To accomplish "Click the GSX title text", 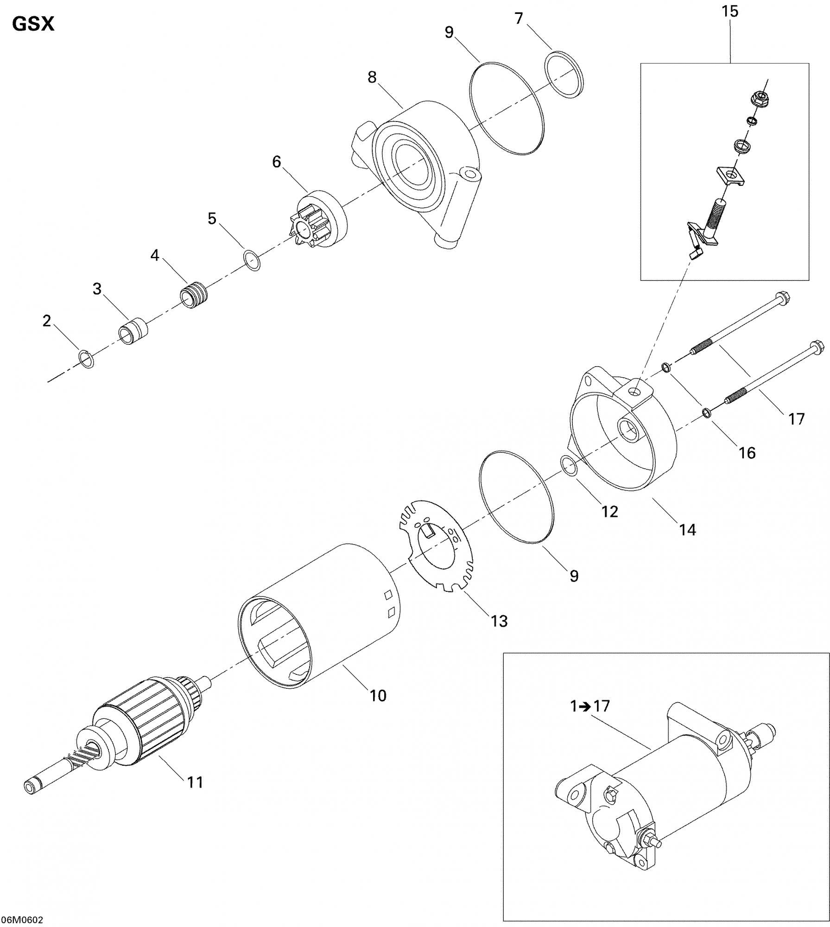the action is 33,24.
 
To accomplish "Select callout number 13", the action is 499,621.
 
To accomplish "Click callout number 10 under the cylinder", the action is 378,695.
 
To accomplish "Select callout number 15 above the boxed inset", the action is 730,11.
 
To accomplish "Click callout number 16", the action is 747,452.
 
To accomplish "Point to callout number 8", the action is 372,77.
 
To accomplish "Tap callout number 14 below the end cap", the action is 687,529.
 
